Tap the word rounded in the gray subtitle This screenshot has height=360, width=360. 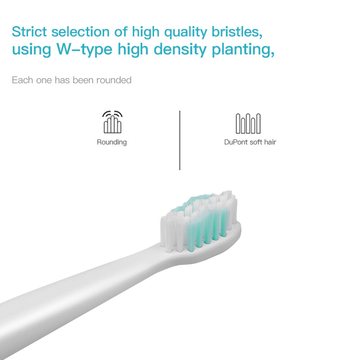click(114, 80)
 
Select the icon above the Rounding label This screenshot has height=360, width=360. click(112, 122)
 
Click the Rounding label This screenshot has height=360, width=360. click(112, 142)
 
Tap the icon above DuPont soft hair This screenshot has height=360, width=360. click(248, 123)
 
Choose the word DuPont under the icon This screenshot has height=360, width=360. click(235, 142)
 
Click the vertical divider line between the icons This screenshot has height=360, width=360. click(180, 140)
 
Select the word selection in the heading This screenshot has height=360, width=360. click(80, 32)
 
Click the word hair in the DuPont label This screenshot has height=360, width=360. click(270, 142)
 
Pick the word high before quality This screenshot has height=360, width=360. click(146, 32)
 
